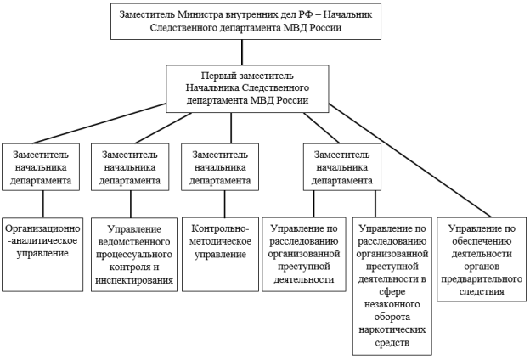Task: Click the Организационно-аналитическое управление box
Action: (x=42, y=254)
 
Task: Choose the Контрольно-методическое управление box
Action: (x=220, y=254)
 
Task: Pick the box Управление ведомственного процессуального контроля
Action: (x=134, y=254)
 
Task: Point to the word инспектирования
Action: (x=134, y=280)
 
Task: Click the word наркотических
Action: (x=392, y=329)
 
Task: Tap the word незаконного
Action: (x=392, y=304)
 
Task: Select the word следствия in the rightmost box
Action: (x=482, y=291)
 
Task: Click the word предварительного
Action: (x=482, y=279)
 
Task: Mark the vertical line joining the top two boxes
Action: (x=242, y=53)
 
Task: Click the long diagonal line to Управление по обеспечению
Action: (x=410, y=160)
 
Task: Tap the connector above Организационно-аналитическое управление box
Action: (x=43, y=204)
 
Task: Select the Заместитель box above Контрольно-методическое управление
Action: (x=220, y=167)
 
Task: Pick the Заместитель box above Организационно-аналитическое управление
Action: (x=41, y=167)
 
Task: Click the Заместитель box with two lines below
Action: (x=342, y=167)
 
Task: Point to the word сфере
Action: (x=392, y=292)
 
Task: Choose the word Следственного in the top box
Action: (x=182, y=27)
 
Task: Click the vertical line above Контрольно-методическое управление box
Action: (x=225, y=204)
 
